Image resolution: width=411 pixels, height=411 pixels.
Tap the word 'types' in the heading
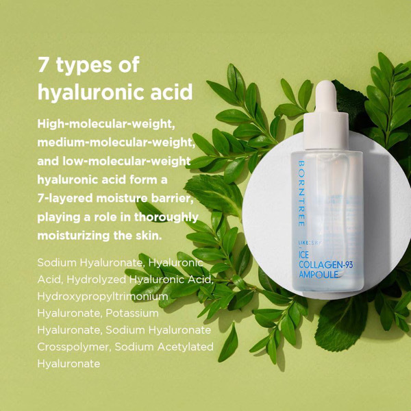84,66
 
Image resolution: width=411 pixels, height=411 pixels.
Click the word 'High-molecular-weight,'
106,124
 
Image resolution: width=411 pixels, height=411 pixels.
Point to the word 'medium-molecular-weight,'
116,142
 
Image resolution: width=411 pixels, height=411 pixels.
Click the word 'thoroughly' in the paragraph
166,217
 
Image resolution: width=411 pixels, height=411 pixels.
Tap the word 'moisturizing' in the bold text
74,236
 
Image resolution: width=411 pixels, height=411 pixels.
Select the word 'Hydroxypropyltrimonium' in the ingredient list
103,297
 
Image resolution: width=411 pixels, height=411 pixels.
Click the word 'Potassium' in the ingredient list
132,313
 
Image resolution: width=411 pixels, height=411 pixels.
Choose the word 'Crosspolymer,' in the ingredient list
74,347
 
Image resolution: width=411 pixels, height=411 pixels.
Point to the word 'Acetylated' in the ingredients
186,347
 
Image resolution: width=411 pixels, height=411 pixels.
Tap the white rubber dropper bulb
326,97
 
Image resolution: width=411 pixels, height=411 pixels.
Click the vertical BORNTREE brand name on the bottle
301,193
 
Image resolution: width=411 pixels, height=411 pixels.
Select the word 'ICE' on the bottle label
303,255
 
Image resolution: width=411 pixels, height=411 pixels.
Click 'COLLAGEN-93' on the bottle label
325,264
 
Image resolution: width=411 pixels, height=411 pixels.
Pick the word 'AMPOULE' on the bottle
319,275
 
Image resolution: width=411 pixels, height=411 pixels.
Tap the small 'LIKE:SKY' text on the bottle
310,243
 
